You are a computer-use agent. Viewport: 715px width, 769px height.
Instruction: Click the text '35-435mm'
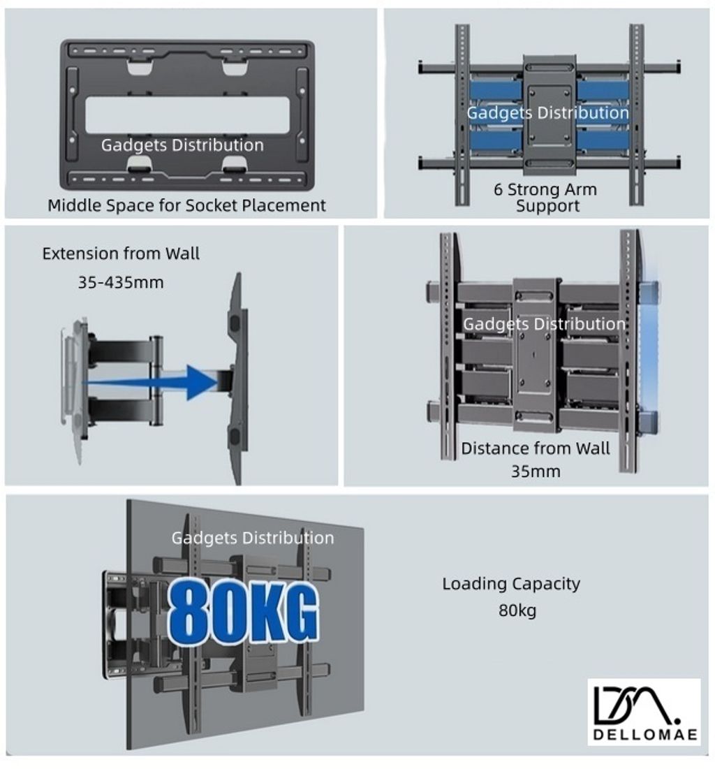(x=121, y=282)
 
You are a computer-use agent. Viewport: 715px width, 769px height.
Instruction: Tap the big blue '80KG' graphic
(x=243, y=612)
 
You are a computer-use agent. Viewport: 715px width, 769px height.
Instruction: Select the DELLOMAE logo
(x=644, y=712)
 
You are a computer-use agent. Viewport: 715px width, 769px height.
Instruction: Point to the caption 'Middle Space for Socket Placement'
(x=186, y=205)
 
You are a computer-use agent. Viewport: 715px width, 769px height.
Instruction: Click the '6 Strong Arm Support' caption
(x=546, y=197)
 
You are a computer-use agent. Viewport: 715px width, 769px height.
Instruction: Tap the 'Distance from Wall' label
(x=536, y=448)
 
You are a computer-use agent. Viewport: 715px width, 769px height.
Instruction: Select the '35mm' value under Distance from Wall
(x=536, y=471)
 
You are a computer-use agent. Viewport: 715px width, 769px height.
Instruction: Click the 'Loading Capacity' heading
(x=512, y=584)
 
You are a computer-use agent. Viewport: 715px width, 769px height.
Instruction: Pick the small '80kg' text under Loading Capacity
(x=517, y=610)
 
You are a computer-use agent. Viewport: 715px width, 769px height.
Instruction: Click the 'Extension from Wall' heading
(x=121, y=254)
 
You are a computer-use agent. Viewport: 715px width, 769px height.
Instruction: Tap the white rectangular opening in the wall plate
(x=188, y=115)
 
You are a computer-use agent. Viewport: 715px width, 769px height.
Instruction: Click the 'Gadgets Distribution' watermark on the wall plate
(x=182, y=145)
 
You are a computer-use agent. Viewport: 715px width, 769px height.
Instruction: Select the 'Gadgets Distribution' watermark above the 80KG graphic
(x=253, y=538)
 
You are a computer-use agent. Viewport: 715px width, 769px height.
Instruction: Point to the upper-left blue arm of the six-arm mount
(x=496, y=89)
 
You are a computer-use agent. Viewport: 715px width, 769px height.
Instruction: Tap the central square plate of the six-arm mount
(x=550, y=115)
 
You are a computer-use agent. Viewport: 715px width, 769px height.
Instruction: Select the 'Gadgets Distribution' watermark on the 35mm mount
(x=545, y=324)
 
